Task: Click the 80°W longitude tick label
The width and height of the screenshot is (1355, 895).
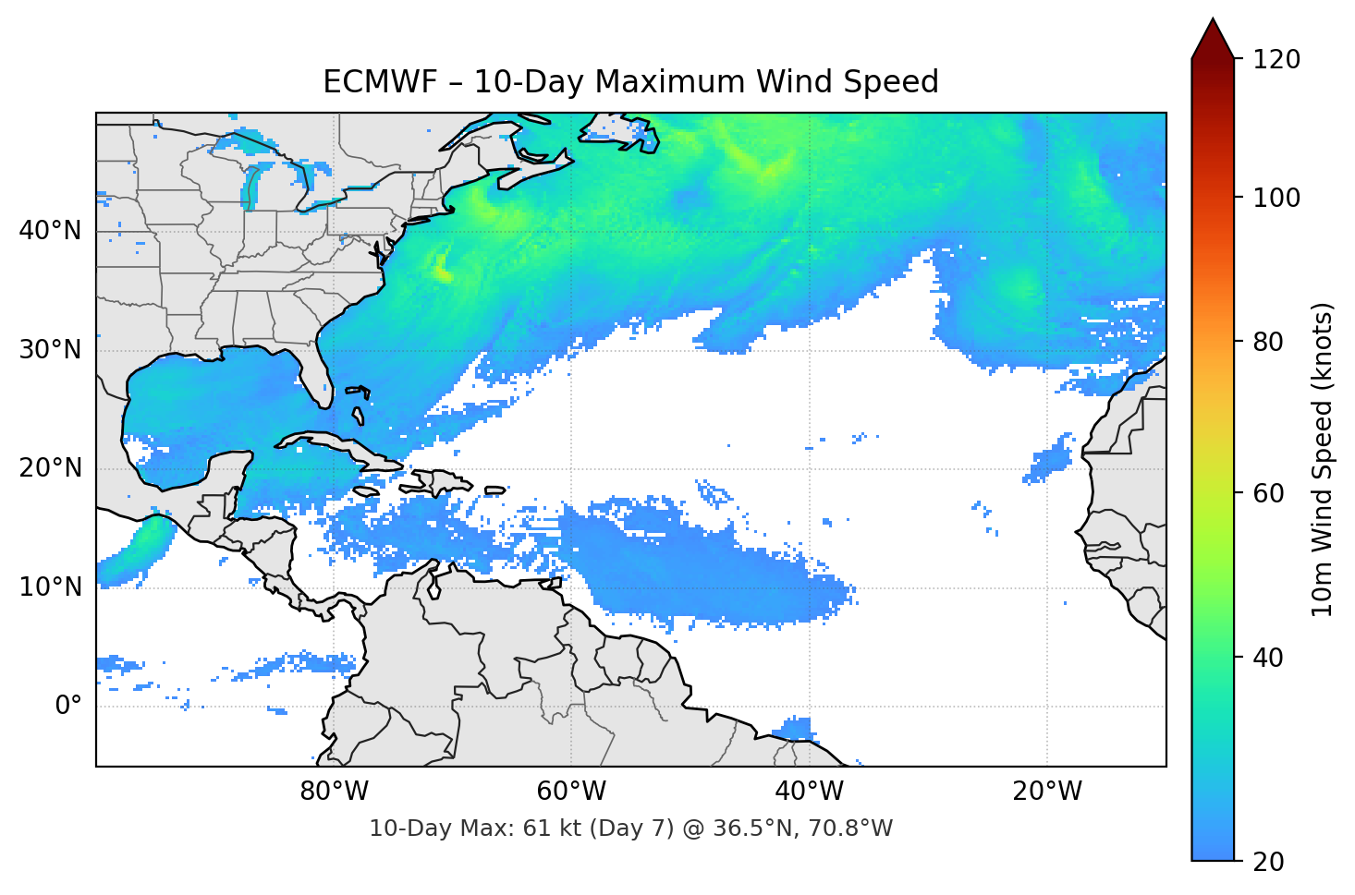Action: point(335,792)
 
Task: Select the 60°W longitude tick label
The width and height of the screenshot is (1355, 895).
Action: point(572,792)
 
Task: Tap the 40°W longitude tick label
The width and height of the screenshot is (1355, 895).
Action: point(810,792)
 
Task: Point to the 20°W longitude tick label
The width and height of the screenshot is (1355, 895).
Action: point(1047,792)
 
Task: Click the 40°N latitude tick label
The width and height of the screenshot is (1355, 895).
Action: point(50,231)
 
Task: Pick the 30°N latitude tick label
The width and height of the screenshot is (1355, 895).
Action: point(50,350)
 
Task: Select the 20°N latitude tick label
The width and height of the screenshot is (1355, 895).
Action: point(50,468)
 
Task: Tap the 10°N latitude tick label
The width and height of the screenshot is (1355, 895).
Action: point(50,587)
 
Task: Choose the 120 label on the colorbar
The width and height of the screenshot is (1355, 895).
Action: point(1276,60)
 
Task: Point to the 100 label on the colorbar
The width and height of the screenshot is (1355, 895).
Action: point(1276,198)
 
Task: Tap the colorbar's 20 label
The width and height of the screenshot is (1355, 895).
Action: point(1268,862)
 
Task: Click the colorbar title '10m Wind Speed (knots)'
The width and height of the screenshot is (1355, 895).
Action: point(1324,459)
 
